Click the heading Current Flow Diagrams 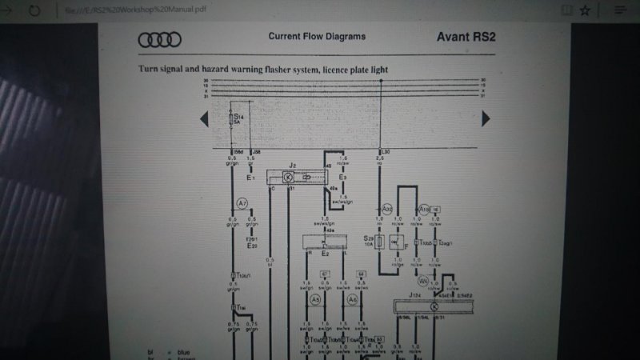tap(317, 36)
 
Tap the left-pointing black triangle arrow tap(204, 119)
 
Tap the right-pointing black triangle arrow tap(486, 118)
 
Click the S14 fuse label tap(238, 117)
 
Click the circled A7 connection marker tap(242, 204)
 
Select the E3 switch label tap(342, 177)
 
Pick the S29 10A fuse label tap(369, 241)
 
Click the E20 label tap(253, 246)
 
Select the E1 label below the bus tap(250, 178)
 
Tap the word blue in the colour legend tap(183, 352)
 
